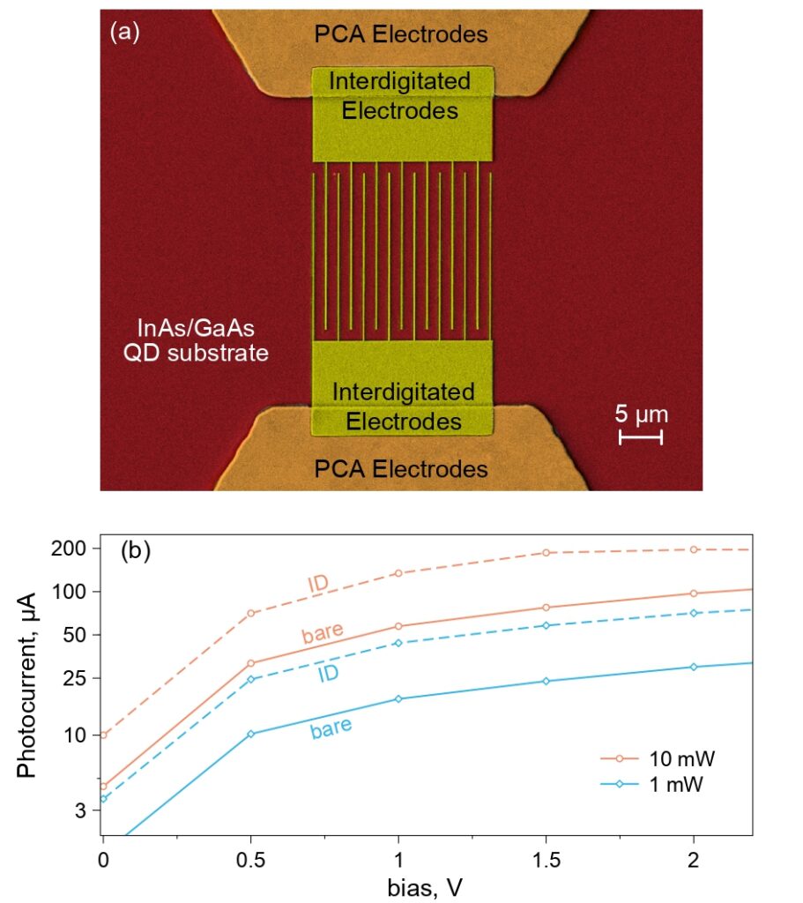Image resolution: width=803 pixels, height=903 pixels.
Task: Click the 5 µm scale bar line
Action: [641, 437]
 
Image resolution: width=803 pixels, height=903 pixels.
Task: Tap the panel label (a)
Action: [125, 32]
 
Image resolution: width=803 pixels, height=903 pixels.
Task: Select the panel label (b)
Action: [136, 551]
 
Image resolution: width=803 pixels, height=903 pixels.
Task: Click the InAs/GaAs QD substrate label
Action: [196, 340]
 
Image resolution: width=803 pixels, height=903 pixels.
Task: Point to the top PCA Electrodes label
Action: [401, 34]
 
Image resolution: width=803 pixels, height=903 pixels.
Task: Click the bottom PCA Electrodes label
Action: [401, 469]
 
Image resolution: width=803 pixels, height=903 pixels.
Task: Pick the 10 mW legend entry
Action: [658, 758]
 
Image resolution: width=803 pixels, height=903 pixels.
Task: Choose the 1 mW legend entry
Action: [652, 784]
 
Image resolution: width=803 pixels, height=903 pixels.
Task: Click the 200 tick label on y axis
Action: [69, 549]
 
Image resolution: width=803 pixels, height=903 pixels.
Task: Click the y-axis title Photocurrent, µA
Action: [26, 685]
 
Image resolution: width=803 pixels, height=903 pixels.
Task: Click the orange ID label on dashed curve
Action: [318, 584]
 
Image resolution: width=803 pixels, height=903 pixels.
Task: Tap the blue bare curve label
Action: [331, 728]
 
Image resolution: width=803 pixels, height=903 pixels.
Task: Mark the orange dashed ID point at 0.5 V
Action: [250, 614]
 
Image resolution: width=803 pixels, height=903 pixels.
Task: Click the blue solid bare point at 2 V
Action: [694, 667]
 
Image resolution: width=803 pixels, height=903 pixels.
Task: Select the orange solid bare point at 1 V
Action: [398, 626]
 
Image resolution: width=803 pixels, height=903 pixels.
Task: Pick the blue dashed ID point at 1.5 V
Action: [546, 625]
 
